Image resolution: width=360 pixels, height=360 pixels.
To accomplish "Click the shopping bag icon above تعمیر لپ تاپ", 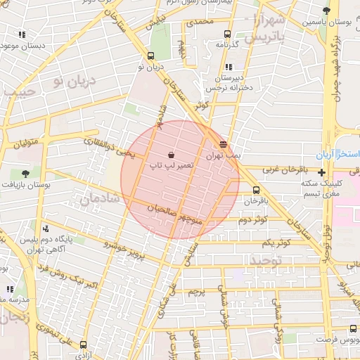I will pyautogui.click(x=172, y=154).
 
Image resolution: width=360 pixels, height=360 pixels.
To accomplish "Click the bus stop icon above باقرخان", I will pyautogui.click(x=255, y=190).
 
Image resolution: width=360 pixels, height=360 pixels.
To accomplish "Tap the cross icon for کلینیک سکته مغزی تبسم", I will pyautogui.click(x=322, y=172).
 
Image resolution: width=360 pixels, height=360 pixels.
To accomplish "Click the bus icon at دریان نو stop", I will pyautogui.click(x=151, y=56).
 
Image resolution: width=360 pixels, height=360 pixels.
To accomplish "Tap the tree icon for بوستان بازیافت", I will pyautogui.click(x=26, y=173).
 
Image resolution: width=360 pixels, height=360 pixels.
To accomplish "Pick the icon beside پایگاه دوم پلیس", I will pyautogui.click(x=46, y=229).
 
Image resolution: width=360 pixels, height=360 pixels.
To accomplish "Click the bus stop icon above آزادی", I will pyautogui.click(x=84, y=345).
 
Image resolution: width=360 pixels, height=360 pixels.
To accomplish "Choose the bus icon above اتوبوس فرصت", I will pyautogui.click(x=352, y=328).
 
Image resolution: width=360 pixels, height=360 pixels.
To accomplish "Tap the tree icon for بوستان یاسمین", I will pyautogui.click(x=325, y=11).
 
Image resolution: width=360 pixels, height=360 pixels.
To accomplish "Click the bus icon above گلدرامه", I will pyautogui.click(x=226, y=34).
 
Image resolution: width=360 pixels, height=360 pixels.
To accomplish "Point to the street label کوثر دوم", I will pyautogui.click(x=253, y=219).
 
